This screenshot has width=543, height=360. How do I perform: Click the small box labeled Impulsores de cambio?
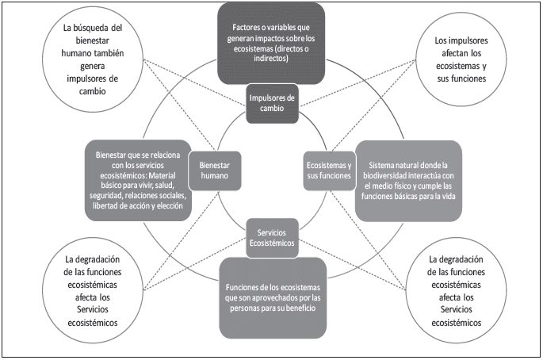click(271, 103)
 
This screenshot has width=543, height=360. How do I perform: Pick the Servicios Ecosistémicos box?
click(272, 236)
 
